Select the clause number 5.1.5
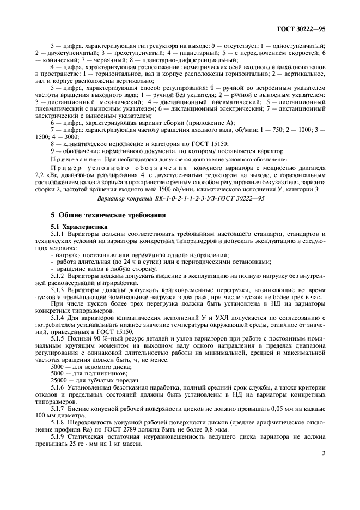(59, 339)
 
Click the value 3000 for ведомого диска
(58, 367)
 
